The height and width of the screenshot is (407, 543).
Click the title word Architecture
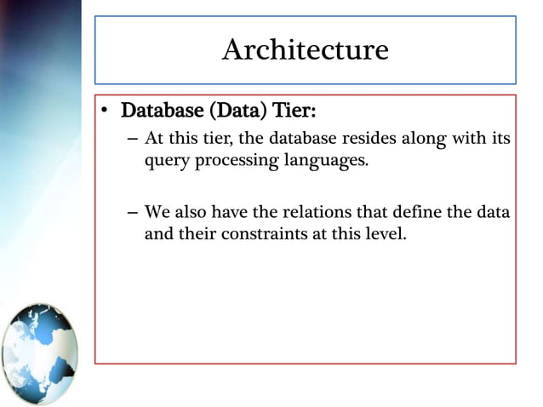305,50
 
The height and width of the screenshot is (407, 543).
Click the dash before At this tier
130,139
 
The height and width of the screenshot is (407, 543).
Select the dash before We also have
130,211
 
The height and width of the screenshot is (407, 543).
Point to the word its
501,138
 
